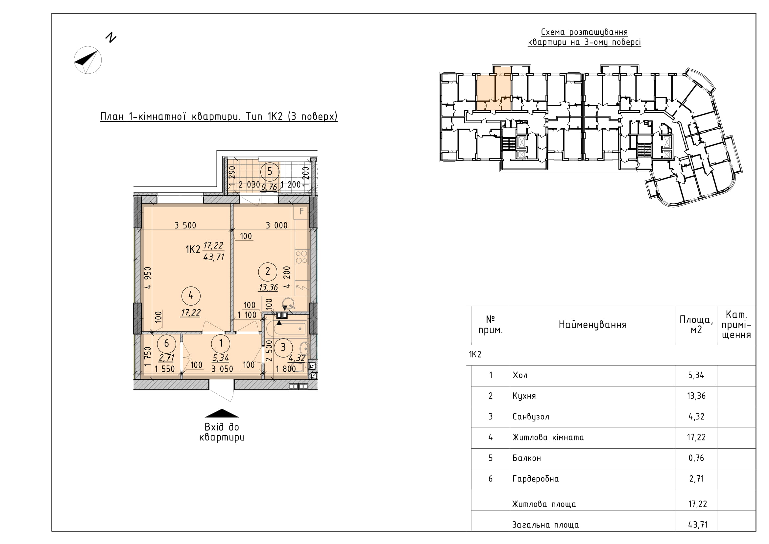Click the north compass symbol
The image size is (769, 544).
[88, 60]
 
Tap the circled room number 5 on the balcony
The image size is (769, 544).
[270, 172]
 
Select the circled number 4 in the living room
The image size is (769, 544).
[191, 295]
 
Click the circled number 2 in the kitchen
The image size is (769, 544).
[268, 271]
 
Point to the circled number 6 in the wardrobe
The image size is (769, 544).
[166, 343]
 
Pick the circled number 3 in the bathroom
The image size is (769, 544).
[283, 347]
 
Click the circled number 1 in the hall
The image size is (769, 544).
[221, 343]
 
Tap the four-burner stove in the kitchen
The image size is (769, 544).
[301, 257]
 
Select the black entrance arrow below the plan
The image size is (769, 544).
[222, 413]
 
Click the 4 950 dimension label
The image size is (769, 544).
[148, 278]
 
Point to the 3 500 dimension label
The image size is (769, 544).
[185, 225]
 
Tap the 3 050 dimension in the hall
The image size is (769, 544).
[222, 369]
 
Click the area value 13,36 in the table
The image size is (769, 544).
[696, 396]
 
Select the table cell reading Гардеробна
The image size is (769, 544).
[536, 479]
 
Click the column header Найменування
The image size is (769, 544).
[592, 325]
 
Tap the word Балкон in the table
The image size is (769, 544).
[526, 458]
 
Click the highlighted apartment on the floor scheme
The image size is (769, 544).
[494, 89]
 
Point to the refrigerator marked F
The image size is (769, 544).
[301, 211]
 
